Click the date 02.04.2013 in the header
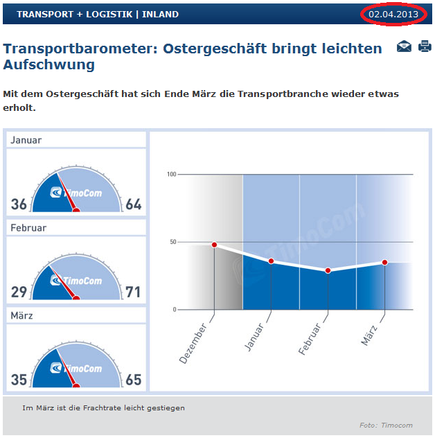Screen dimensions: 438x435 click(393, 14)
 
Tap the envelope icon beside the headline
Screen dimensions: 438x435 click(404, 47)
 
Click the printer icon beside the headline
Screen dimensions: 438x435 click(425, 47)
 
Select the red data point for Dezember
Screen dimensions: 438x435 click(214, 245)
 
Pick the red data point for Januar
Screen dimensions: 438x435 click(271, 261)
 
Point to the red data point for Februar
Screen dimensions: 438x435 click(328, 270)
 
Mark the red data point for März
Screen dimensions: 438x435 click(384, 262)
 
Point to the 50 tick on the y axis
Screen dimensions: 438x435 click(172, 242)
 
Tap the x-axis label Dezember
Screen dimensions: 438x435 click(193, 342)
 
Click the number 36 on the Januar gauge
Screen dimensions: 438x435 click(19, 204)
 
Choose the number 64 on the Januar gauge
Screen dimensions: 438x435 click(133, 204)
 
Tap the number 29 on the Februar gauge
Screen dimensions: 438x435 click(19, 292)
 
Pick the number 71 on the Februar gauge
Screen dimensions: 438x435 click(133, 292)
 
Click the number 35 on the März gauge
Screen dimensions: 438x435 click(19, 380)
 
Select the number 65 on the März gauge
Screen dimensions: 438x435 click(133, 380)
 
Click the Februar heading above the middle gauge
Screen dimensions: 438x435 click(29, 227)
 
